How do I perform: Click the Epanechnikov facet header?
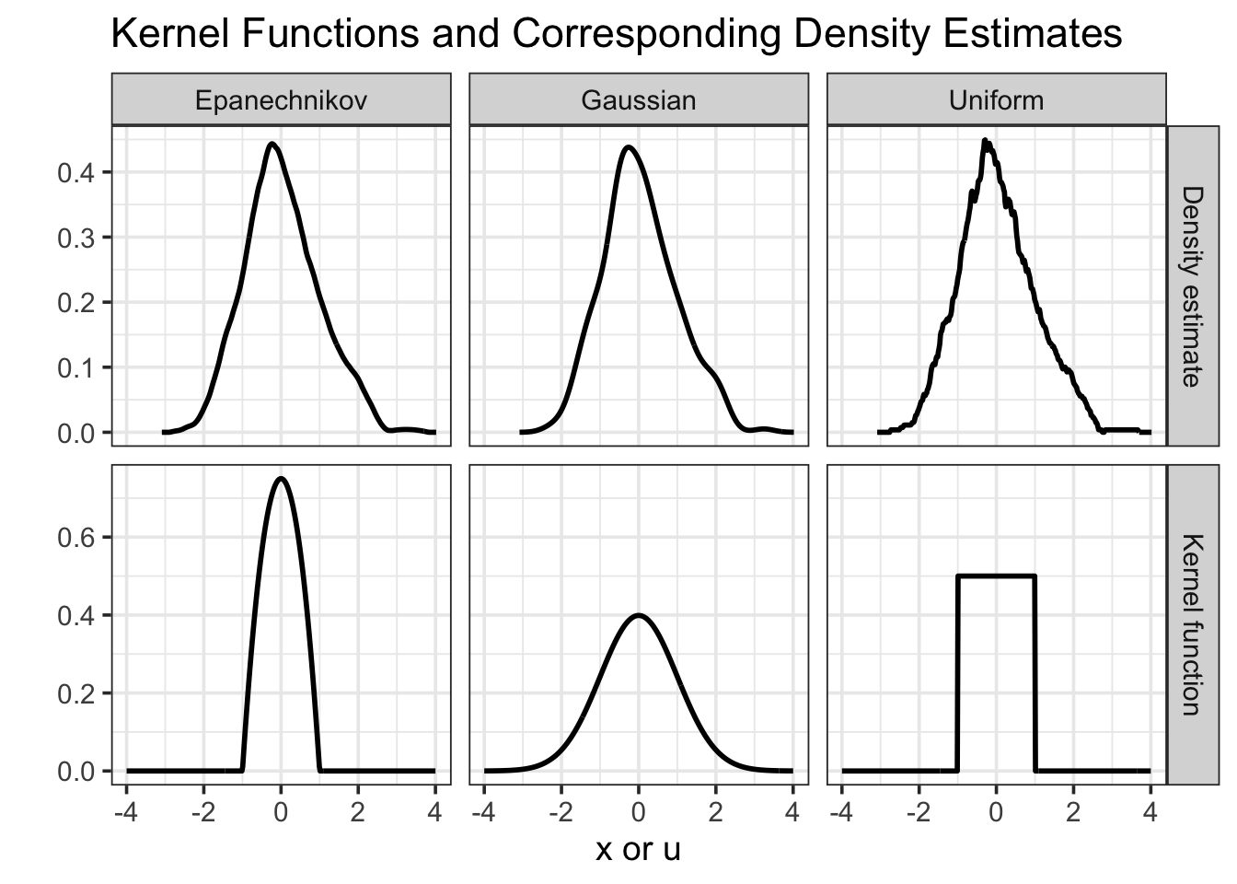coord(281,99)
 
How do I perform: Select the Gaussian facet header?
coord(638,99)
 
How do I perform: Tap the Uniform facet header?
coord(996,99)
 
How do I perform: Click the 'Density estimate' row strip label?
coord(1192,285)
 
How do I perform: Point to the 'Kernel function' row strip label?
coord(1192,624)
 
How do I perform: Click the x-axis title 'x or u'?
coord(638,848)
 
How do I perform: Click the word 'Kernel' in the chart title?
coord(166,34)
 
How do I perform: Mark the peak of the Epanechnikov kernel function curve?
coord(281,478)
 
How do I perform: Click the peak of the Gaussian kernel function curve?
coord(638,615)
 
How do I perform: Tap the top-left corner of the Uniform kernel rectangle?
coord(958,576)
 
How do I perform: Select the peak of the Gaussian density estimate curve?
coord(628,146)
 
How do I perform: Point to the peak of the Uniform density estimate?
coord(985,140)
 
